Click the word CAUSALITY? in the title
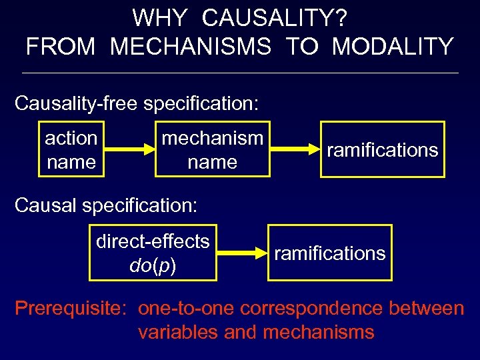coord(275,18)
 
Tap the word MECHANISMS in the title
coord(190,47)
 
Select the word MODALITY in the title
coord(393,47)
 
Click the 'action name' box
coord(71,149)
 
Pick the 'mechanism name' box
coord(213,149)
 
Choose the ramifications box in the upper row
coord(382,149)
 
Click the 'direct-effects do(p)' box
coord(153,253)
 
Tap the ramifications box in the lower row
coord(330,253)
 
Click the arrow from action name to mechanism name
coord(130,150)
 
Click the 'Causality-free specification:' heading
coord(137,104)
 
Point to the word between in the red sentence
coord(428,309)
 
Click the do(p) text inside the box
coord(153,266)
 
